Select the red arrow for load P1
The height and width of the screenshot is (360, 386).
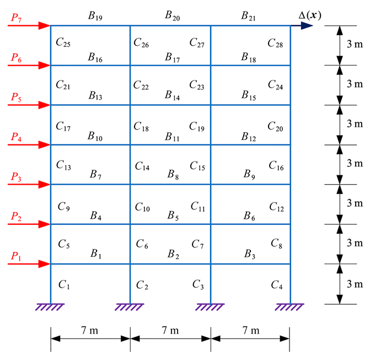(30, 264)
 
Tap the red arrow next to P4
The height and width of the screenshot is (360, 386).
(30, 145)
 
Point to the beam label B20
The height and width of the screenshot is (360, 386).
(173, 16)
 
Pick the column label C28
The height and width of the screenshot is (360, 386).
(275, 42)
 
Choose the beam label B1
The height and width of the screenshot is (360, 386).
(96, 254)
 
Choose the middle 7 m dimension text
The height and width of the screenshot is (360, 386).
(170, 331)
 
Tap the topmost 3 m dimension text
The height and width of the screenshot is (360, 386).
(355, 45)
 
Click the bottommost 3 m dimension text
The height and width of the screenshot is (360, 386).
(355, 284)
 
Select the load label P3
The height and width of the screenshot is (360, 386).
(17, 177)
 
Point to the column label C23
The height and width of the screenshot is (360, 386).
(197, 85)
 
